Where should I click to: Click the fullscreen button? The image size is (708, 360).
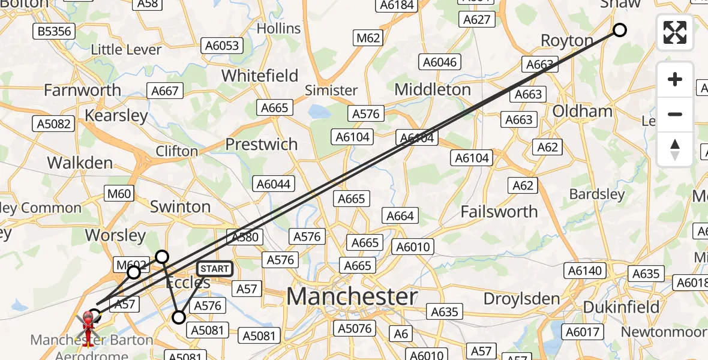coord(675,32)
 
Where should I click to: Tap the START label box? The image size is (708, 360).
coord(214,269)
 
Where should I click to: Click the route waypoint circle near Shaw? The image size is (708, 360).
coord(619,30)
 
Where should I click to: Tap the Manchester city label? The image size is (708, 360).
coord(352,297)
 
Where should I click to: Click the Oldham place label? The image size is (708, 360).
coord(582,111)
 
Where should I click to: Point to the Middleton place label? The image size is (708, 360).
coord(433,89)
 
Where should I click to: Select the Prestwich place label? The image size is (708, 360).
coord(261,144)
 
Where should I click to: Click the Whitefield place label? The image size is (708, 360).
coord(260,76)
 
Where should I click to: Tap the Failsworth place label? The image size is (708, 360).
coord(499,211)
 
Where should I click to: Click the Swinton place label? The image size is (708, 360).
coord(180,206)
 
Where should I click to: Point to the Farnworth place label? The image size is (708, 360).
coord(82,90)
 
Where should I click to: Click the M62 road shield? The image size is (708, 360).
coord(368,38)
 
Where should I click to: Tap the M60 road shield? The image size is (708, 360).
coord(118,193)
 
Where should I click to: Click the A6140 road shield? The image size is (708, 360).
coord(584,271)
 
